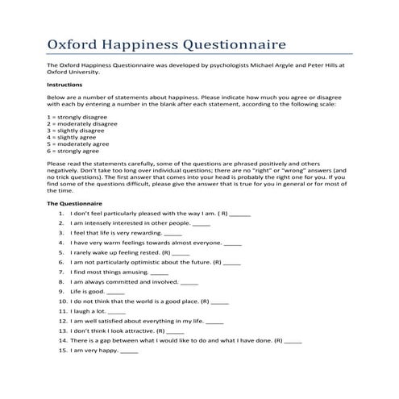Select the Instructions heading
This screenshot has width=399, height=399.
(64, 84)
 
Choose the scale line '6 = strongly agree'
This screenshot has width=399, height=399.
(73, 150)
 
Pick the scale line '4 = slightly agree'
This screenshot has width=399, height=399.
(73, 136)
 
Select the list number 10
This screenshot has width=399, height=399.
(62, 301)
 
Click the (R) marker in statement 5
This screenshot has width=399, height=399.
(160, 252)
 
